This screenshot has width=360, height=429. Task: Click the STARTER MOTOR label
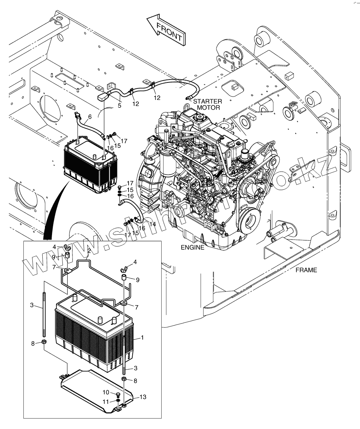[x=207, y=104]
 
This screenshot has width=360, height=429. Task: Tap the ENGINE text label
[x=192, y=248]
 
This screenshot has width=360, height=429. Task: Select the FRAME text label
[x=306, y=270]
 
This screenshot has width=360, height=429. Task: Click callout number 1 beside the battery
[x=142, y=339]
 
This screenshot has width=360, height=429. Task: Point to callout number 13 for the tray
[x=143, y=397]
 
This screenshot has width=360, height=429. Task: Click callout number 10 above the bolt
[x=106, y=392]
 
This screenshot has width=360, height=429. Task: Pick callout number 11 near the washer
[x=106, y=402]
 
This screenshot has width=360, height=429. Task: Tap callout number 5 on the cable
[x=119, y=105]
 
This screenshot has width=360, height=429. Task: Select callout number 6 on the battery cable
[x=90, y=117]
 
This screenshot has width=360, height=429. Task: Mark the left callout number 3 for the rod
[x=32, y=305]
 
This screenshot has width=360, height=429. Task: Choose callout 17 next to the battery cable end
[x=124, y=142]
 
